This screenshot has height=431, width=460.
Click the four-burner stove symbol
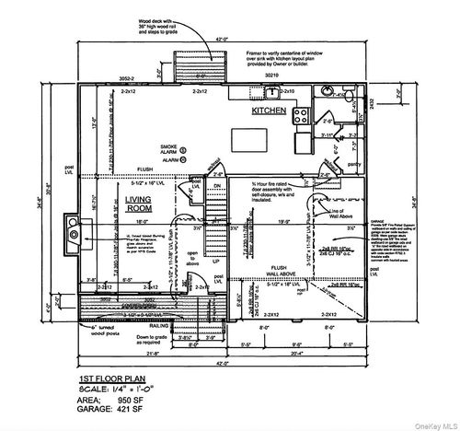(x=302, y=114)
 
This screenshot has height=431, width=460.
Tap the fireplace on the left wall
(x=72, y=229)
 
